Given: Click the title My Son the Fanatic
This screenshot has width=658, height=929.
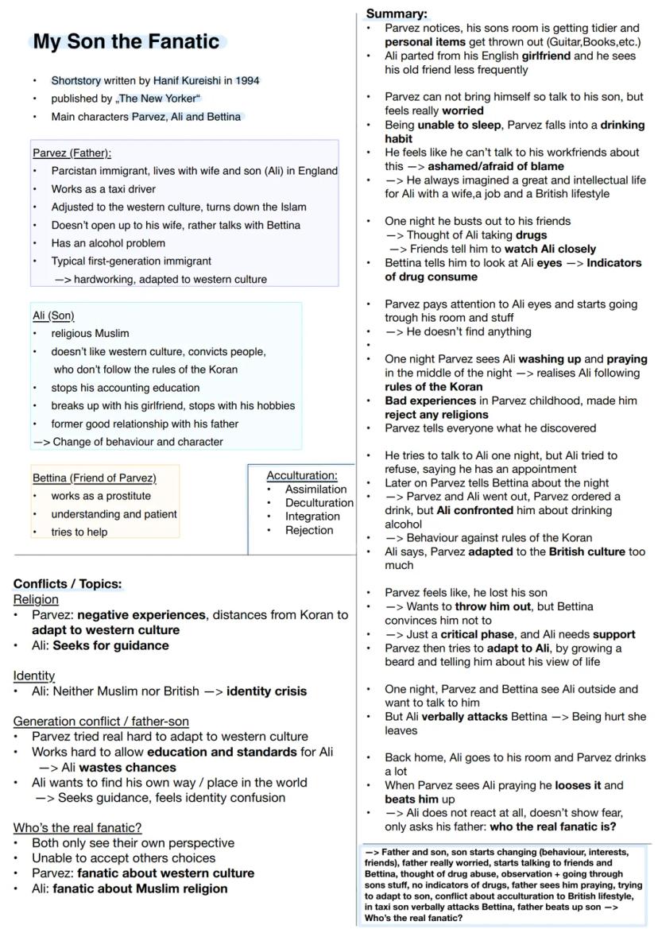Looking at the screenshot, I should click(126, 42).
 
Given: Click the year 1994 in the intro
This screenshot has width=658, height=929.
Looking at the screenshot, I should click(246, 80).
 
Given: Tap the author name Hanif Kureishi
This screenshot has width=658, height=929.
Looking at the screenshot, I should click(187, 80).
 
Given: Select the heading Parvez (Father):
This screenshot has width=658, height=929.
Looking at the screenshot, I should click(72, 153).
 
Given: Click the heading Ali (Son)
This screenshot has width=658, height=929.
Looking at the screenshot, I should click(53, 315).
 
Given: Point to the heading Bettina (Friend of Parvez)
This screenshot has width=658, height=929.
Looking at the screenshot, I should click(94, 478).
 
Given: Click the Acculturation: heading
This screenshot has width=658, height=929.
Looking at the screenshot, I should click(302, 475).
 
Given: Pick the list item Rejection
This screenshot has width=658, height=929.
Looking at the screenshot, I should click(309, 530).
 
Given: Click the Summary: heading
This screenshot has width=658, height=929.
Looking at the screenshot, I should click(396, 14).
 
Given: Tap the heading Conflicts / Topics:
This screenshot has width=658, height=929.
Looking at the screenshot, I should click(68, 584).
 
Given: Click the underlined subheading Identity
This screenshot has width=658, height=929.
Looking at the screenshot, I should click(33, 675).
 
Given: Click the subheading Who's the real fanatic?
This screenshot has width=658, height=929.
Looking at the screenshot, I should click(77, 827).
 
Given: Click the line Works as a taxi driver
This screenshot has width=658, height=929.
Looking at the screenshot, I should click(103, 189).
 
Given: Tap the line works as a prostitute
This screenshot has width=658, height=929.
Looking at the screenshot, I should click(101, 496).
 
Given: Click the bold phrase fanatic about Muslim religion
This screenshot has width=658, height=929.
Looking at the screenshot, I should click(140, 888).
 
